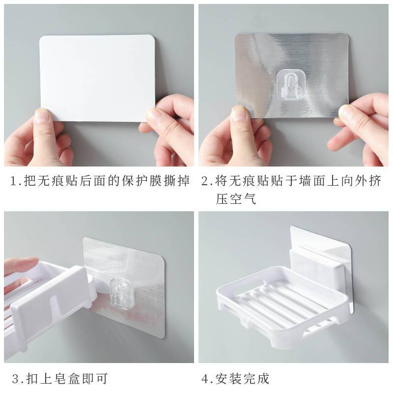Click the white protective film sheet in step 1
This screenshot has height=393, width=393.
coord(97,78)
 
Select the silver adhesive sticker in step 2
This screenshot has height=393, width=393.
coord(292,76)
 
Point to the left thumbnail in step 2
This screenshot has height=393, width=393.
coord(239,113)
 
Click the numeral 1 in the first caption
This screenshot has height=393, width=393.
coord(14,181)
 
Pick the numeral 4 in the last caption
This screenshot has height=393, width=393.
coord(205,379)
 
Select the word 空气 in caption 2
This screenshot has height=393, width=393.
coord(243,199)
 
